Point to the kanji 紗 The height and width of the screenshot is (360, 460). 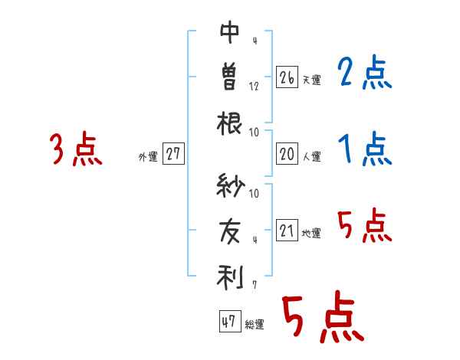230,186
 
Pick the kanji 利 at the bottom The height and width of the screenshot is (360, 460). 230,276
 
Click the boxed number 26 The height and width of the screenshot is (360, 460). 287,77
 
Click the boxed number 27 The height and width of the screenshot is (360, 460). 173,155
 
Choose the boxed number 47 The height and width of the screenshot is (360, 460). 228,322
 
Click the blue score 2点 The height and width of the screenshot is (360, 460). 365,74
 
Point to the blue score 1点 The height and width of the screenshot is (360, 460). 365,150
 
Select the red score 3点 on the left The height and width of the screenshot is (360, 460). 75,150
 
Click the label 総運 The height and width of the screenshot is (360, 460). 255,325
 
